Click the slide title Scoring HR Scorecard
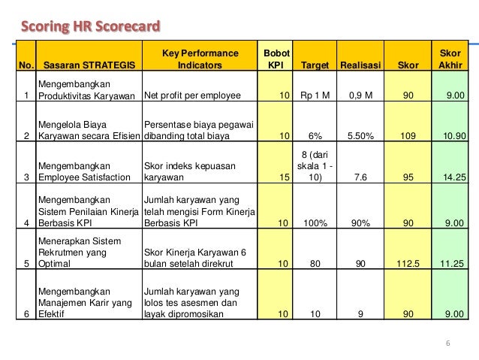click(90, 28)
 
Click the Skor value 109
click(405, 137)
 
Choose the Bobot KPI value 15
click(283, 178)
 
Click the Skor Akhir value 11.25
click(450, 264)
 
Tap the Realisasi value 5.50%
click(362, 137)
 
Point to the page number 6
click(447, 344)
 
